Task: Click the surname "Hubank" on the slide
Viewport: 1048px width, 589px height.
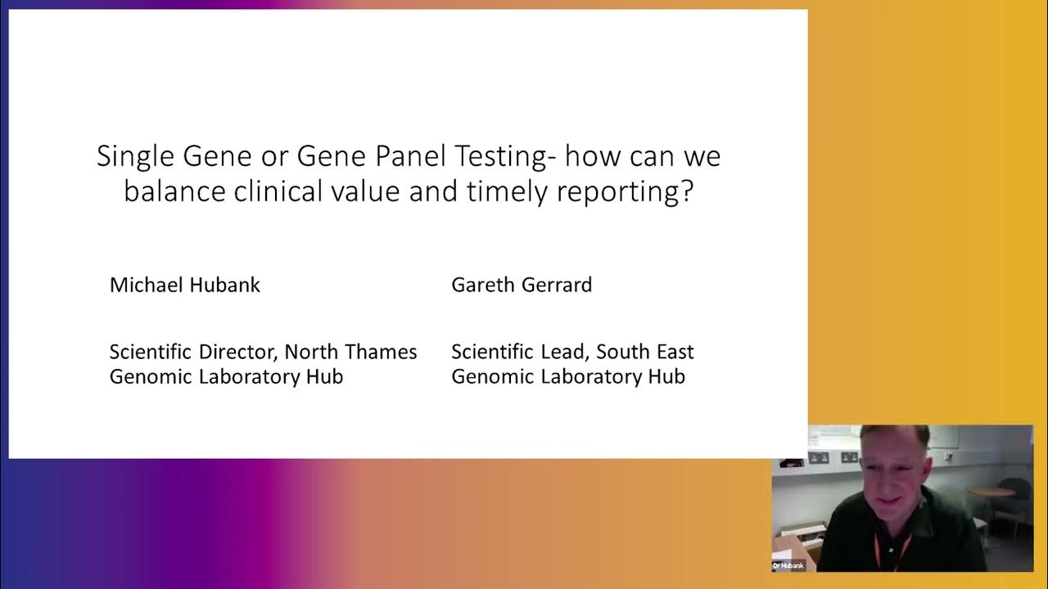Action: coord(224,285)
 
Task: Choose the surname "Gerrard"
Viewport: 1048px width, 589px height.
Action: coord(556,285)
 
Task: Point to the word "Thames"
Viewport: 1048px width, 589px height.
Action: coord(377,352)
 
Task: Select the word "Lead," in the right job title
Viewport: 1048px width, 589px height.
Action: coord(565,352)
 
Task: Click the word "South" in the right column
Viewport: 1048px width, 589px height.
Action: coord(622,352)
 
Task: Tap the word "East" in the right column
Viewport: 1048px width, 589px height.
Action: coord(674,352)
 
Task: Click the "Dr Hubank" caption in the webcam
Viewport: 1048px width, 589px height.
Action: coord(789,565)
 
